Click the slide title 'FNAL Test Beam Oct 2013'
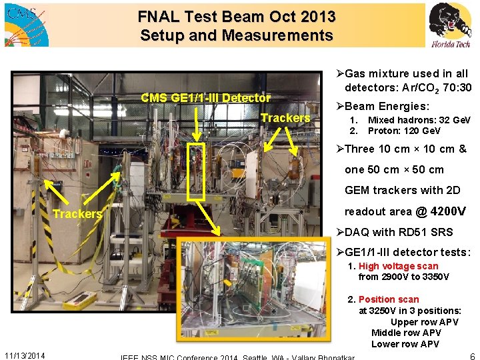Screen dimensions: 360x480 click(x=237, y=16)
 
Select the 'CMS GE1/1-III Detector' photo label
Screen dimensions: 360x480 click(x=205, y=98)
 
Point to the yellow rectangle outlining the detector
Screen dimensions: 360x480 click(x=195, y=171)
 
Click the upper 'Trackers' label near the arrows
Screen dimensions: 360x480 click(x=285, y=118)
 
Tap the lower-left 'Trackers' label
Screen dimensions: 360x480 click(x=77, y=214)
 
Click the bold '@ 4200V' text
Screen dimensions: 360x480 click(x=441, y=212)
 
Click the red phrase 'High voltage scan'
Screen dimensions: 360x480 click(x=398, y=266)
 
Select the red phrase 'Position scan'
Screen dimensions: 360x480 click(x=389, y=299)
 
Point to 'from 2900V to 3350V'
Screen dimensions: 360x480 click(x=403, y=277)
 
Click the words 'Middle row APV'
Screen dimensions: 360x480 click(x=406, y=333)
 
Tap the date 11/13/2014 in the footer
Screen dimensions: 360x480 click(x=25, y=355)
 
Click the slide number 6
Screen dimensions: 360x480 click(x=472, y=356)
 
